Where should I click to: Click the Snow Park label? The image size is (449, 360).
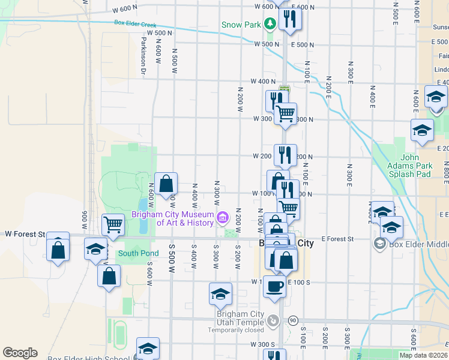(241, 25)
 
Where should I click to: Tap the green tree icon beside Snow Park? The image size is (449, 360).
(271, 24)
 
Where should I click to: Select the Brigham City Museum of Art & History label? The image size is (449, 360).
(173, 219)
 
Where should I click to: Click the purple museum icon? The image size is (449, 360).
(223, 216)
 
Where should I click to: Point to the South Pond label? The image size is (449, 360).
(138, 253)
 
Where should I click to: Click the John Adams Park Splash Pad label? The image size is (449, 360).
(416, 166)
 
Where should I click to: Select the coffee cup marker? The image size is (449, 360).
(276, 287)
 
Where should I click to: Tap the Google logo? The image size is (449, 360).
(20, 353)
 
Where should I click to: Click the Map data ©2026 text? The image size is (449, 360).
(423, 355)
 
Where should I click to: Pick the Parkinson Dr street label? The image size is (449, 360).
(144, 56)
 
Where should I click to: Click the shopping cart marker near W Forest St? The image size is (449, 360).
(113, 225)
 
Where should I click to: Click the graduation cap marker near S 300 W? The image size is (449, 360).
(220, 293)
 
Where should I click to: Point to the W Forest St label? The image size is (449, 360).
(25, 234)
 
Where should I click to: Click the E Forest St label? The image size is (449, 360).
(337, 239)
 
